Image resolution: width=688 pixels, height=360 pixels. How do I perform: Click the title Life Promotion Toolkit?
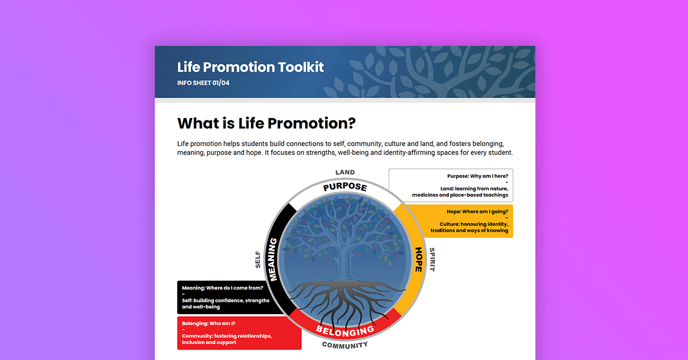point(251,67)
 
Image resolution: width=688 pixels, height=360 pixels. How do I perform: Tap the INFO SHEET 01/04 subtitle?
point(204,83)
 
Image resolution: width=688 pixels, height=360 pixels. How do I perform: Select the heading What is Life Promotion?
point(267,123)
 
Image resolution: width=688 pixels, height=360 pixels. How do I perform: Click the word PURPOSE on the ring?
point(345,187)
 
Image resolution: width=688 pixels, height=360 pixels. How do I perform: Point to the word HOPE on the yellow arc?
point(419,259)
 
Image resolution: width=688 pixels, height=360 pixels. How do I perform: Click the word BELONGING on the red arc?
point(345,331)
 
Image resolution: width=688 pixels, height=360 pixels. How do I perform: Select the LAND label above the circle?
point(345,172)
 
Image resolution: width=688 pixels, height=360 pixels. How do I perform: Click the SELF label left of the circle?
point(258,259)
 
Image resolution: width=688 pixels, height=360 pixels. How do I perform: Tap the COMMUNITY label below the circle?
point(345,345)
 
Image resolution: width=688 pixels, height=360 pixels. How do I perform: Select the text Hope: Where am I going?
point(478,212)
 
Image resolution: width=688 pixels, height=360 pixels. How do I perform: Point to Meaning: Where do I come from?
point(222,288)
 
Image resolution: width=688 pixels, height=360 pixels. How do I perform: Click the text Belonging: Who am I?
point(209,323)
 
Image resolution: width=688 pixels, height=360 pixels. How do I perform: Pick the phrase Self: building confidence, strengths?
point(225,300)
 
